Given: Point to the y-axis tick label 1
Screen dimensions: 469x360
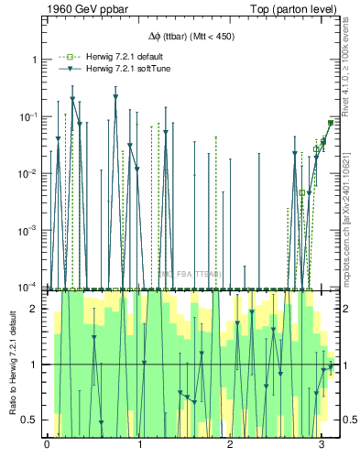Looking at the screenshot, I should pos(35,60).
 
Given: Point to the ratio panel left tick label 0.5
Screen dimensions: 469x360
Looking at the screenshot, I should pos(31,420).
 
